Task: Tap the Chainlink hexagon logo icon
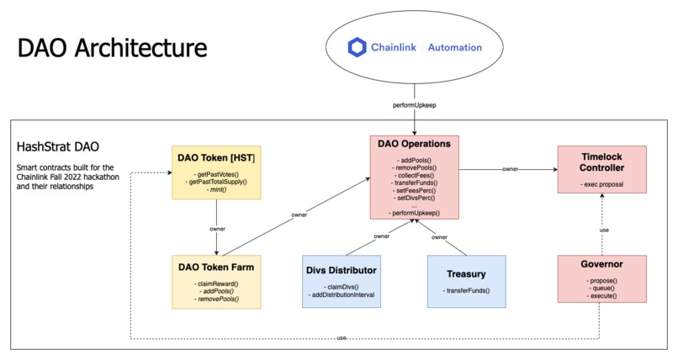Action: [359, 48]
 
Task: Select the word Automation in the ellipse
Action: [455, 48]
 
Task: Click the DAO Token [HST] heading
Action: [217, 156]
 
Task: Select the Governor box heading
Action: [602, 263]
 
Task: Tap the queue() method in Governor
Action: [602, 287]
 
